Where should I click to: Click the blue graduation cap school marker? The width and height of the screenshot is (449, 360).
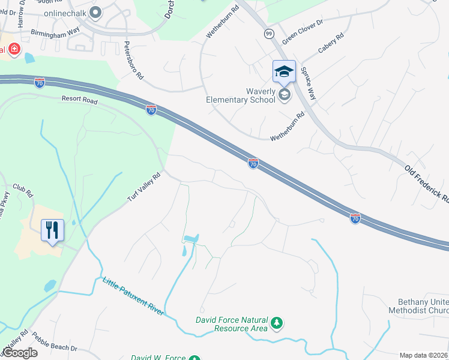284,73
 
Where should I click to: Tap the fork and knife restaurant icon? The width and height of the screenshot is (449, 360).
52,229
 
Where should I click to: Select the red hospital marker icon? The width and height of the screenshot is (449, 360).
13,49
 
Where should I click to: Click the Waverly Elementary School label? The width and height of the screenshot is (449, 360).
240,95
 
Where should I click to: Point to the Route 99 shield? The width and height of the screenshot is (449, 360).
268,34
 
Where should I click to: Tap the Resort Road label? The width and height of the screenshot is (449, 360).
79,101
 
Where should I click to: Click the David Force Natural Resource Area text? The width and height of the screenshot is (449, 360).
231,324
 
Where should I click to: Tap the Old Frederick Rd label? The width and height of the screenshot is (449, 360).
427,184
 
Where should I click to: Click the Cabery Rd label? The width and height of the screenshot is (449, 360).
331,44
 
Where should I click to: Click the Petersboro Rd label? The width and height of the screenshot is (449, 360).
134,61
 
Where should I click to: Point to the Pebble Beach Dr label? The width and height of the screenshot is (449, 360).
55,342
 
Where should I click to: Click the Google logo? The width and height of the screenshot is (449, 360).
19,353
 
